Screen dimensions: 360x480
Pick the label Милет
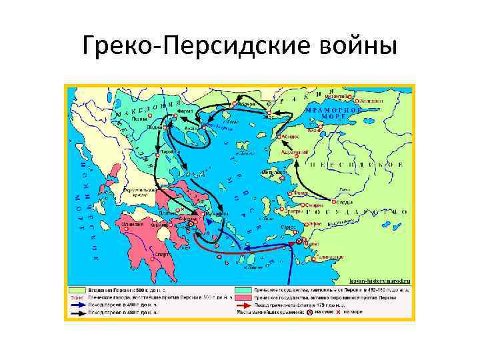pyautogui.click(x=311, y=244)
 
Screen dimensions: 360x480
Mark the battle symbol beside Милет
pyautogui.click(x=299, y=241)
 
